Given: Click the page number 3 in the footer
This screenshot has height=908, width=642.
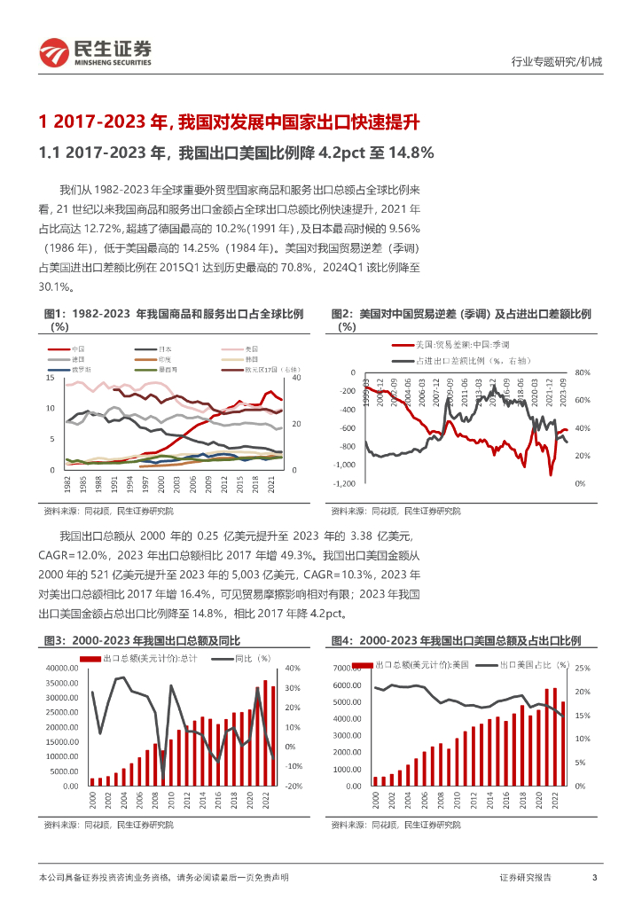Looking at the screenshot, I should [594, 877].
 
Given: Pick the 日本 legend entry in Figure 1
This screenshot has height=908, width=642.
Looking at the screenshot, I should [165, 349].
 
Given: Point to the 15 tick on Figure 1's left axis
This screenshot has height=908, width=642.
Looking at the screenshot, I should [50, 378].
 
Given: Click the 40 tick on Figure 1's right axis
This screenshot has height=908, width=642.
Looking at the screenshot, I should [296, 378].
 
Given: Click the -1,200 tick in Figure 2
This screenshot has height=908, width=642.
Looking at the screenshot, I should [345, 483].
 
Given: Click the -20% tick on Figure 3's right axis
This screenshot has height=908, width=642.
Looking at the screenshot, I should [294, 786].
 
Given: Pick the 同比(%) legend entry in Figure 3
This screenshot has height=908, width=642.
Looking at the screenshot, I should [252, 659].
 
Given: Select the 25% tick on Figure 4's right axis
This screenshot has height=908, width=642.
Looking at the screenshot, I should [583, 668].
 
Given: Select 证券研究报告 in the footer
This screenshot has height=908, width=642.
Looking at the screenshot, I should [525, 877].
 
